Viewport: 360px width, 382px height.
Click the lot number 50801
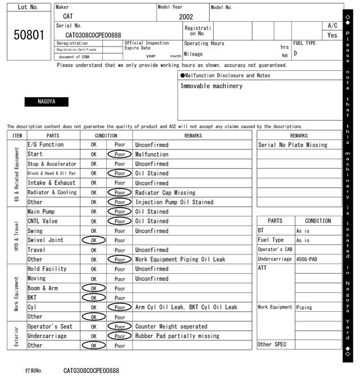28,35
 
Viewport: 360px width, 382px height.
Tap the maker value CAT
67,16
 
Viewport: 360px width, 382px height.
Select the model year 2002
186,17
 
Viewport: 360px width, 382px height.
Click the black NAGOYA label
46,102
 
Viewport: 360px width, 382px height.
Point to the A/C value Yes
332,35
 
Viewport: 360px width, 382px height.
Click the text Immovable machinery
211,86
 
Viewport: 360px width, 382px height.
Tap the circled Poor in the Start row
119,154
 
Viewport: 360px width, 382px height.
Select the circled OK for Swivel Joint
93,240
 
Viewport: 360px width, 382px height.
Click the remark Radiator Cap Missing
165,192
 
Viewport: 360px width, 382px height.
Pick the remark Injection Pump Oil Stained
174,202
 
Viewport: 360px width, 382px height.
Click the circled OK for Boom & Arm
93,288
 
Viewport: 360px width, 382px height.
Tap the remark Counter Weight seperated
171,326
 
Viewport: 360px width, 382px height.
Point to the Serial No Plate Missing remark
292,144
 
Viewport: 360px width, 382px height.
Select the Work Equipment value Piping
304,307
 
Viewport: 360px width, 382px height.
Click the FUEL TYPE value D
295,53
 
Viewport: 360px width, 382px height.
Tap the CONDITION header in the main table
106,135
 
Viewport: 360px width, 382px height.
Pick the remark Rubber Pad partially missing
177,336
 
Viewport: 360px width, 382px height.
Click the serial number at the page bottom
91,371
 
